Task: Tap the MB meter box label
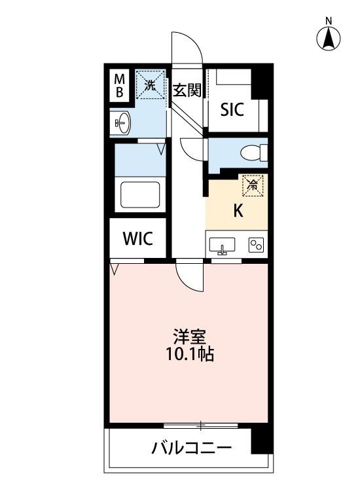click(119, 86)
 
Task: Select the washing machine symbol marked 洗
click(151, 84)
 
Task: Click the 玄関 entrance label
click(187, 90)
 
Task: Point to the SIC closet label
click(232, 109)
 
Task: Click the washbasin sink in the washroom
click(122, 123)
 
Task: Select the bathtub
click(140, 194)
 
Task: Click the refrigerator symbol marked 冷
click(253, 185)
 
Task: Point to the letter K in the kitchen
click(238, 211)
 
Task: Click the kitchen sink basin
click(222, 245)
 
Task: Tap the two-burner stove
click(256, 245)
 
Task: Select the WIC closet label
click(138, 238)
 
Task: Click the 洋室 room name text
click(190, 337)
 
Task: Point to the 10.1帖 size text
click(190, 354)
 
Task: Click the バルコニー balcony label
click(192, 448)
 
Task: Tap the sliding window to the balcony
click(201, 426)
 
